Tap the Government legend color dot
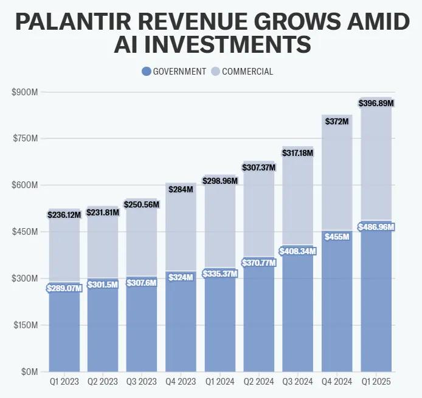tap(146, 72)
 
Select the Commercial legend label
tap(247, 72)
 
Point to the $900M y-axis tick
tap(25, 92)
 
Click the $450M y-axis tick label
tap(25, 232)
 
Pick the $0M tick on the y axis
tap(29, 371)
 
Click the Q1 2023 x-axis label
tap(64, 382)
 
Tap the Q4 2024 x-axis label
tap(337, 382)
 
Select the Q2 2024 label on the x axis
tap(259, 382)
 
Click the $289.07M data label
tap(64, 288)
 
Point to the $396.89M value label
tap(376, 103)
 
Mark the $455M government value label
tap(337, 237)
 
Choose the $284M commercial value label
tap(181, 189)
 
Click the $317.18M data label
tap(298, 153)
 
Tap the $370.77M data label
tap(259, 263)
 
